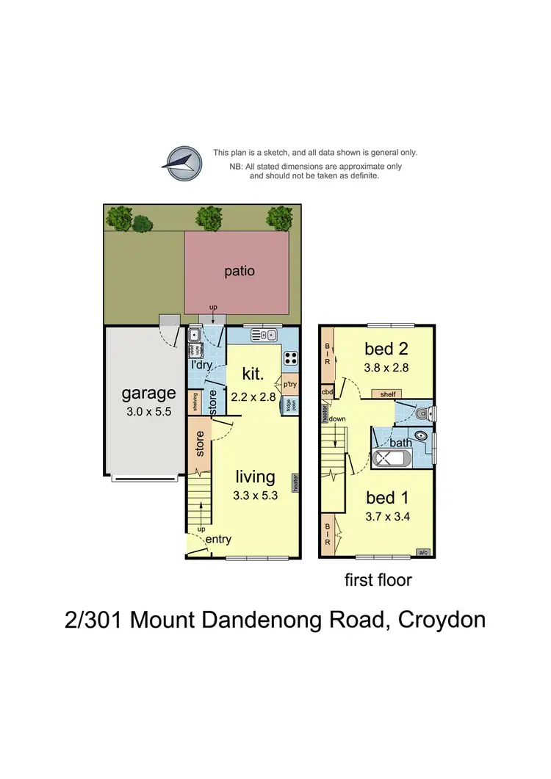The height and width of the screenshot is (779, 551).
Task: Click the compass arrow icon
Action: click(x=183, y=163)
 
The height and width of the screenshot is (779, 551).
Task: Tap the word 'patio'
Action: click(x=240, y=271)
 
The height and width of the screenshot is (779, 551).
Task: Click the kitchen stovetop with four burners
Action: click(x=290, y=358)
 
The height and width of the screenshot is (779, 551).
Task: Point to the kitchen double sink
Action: click(x=262, y=336)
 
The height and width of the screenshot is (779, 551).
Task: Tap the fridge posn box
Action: click(x=288, y=404)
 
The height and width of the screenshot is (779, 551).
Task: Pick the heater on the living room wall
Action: click(x=296, y=482)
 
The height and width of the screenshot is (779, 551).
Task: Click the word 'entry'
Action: click(x=218, y=539)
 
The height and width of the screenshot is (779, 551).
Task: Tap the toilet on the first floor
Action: click(x=421, y=414)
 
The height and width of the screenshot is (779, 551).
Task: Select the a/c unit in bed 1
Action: click(x=423, y=552)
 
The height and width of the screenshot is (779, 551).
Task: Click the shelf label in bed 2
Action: click(x=387, y=394)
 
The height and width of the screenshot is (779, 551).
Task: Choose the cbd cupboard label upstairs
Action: click(x=327, y=392)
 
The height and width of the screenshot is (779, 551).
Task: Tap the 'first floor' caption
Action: click(x=378, y=580)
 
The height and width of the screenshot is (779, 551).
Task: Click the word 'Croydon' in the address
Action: click(x=442, y=620)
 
